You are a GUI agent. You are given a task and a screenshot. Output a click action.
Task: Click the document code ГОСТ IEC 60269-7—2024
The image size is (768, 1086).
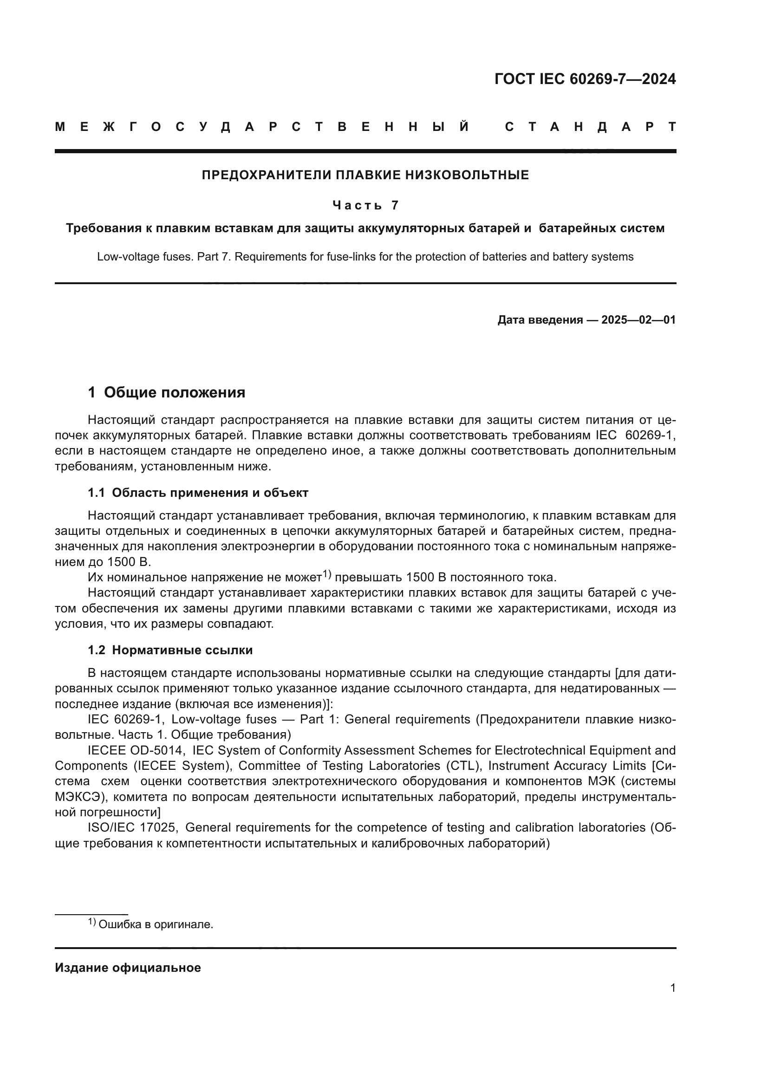pos(585,79)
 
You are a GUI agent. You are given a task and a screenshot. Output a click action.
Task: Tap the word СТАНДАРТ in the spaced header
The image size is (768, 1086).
pos(590,127)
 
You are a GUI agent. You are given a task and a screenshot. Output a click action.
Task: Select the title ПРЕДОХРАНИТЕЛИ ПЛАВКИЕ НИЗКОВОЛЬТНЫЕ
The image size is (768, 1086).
pos(365,176)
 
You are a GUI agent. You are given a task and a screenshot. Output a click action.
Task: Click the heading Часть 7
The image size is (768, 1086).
pos(365,205)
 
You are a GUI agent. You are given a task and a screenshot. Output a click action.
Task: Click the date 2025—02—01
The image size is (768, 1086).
pos(638,320)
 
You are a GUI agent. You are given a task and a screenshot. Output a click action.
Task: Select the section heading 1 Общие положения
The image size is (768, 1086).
pos(167,393)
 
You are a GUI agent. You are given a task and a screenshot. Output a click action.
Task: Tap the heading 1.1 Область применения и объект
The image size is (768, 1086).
pos(198,493)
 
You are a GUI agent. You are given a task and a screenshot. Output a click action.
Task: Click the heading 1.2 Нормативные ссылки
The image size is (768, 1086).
pos(170,650)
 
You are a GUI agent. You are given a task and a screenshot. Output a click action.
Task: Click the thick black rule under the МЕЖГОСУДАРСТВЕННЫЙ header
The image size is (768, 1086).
pos(365,151)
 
